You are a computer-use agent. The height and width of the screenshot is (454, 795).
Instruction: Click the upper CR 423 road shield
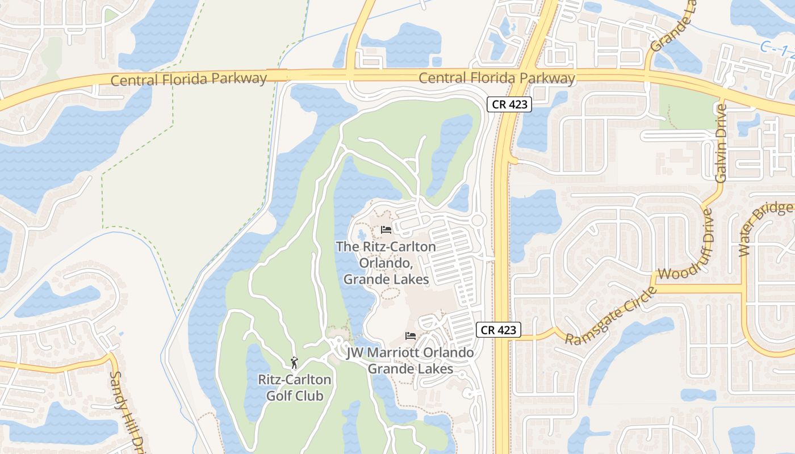[509, 104]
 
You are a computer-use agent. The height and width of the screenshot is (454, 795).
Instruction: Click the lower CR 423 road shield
[499, 330]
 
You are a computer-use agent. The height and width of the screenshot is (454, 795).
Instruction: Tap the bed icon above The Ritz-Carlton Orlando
[386, 230]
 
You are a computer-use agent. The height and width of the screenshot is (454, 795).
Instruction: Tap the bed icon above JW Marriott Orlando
[411, 336]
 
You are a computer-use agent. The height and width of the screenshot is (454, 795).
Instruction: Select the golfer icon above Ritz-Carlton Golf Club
[294, 362]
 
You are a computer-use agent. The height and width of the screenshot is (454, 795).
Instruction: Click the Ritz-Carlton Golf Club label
[295, 388]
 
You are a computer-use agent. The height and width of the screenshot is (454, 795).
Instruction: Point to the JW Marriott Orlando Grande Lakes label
[410, 361]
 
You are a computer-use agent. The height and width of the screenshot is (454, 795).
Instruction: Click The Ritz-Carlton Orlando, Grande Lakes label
[386, 263]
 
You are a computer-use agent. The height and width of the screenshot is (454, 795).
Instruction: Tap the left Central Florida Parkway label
[189, 79]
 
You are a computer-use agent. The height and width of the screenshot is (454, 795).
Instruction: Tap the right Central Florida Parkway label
[497, 78]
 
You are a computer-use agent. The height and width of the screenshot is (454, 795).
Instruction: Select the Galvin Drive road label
[721, 143]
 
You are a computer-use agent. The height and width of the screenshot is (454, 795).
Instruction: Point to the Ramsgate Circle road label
[611, 316]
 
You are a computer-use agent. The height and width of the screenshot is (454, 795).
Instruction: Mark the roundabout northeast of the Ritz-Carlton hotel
[478, 220]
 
